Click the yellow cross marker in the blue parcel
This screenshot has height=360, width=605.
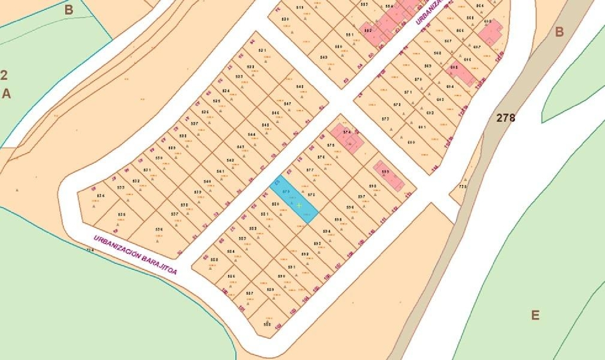click(299, 206)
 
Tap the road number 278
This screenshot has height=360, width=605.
click(506, 118)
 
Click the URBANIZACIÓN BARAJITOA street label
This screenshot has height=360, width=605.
click(135, 255)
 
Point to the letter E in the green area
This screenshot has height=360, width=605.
click(535, 315)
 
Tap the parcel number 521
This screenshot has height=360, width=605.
click(263, 51)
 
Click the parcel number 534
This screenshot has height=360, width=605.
click(101, 196)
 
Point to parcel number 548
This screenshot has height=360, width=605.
click(300, 87)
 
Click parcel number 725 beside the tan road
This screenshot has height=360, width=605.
click(463, 187)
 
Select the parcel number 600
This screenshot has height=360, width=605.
click(411, 142)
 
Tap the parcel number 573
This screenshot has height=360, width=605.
click(385, 119)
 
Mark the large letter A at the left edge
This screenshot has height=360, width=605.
click(6, 94)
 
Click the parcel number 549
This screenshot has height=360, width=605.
click(324, 58)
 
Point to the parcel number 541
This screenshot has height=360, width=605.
click(220, 171)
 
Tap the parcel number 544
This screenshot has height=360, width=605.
click(252, 135)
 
